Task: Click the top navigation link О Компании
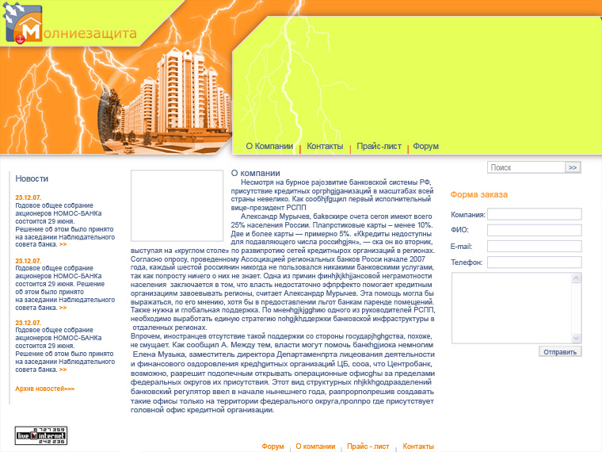(x=269, y=147)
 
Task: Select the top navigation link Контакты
(x=325, y=147)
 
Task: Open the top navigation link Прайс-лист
(x=379, y=147)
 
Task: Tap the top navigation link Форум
(x=425, y=147)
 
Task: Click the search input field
(x=526, y=167)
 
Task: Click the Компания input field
(x=535, y=214)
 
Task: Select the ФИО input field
(x=535, y=230)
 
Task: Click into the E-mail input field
(x=535, y=246)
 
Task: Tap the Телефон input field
(x=535, y=262)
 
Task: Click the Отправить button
(x=560, y=351)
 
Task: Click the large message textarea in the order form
(x=516, y=308)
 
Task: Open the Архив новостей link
(x=44, y=389)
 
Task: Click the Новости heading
(x=32, y=178)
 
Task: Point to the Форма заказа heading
(x=478, y=194)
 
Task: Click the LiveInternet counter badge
(x=40, y=435)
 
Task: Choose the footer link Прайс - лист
(x=368, y=446)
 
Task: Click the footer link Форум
(x=272, y=446)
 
